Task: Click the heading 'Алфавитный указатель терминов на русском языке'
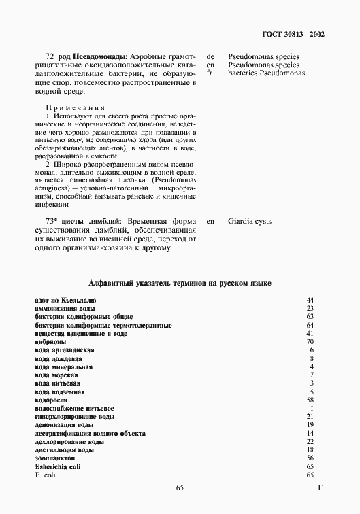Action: tap(180, 283)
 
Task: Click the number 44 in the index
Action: tap(310, 300)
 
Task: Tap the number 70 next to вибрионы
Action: tap(310, 341)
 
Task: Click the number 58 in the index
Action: tap(310, 400)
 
